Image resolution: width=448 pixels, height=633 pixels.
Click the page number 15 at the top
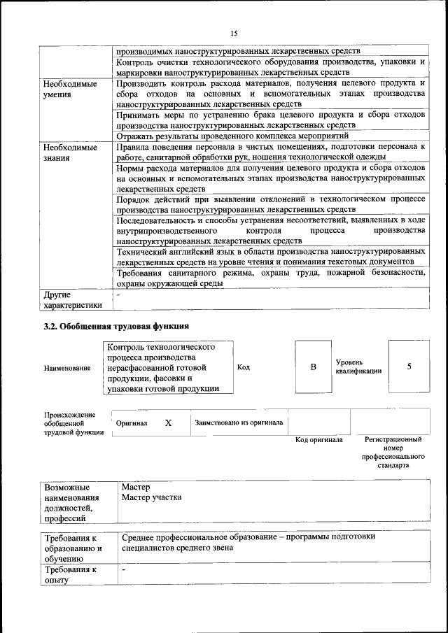pyautogui.click(x=234, y=33)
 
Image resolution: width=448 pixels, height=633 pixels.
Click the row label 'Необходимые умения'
pyautogui.click(x=70, y=89)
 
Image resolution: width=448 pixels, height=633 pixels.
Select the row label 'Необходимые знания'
pyautogui.click(x=70, y=152)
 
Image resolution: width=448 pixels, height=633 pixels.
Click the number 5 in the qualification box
pyautogui.click(x=409, y=367)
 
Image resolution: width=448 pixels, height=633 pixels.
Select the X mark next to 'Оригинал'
pyautogui.click(x=168, y=423)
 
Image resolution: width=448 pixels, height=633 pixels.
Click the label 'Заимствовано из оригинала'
pyautogui.click(x=239, y=422)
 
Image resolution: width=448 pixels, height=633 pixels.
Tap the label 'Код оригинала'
pyautogui.click(x=318, y=440)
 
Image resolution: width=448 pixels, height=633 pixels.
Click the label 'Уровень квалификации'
pyautogui.click(x=358, y=367)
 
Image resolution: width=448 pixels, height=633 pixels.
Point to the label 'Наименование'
pyautogui.click(x=67, y=368)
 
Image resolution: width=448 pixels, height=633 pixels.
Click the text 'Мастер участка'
pyautogui.click(x=151, y=497)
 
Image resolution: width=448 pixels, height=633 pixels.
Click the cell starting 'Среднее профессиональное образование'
pyautogui.click(x=248, y=542)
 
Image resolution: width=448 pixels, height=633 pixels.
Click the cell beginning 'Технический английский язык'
pyautogui.click(x=270, y=255)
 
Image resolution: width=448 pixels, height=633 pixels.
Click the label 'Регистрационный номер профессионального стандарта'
pyautogui.click(x=393, y=452)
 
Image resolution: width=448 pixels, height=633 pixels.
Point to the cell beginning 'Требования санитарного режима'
pyautogui.click(x=270, y=278)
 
